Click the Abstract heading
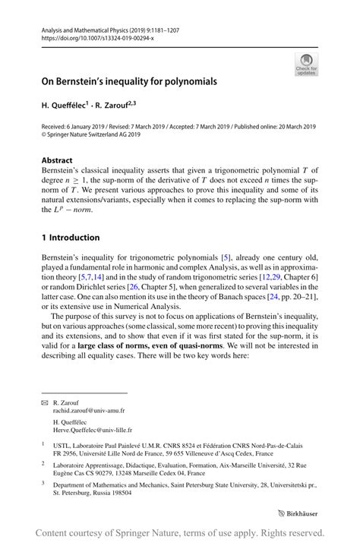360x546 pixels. [57, 160]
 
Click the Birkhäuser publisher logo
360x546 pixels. [299, 512]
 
